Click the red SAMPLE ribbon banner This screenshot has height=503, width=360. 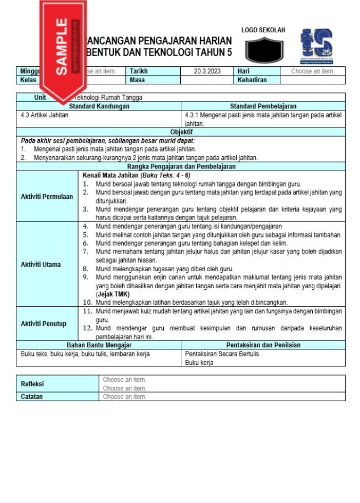tap(62, 46)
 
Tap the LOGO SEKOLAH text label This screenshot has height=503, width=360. tap(263, 30)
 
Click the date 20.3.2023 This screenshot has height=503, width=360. tap(207, 71)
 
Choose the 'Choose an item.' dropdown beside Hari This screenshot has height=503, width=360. tap(312, 71)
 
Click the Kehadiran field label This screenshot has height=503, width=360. tap(252, 80)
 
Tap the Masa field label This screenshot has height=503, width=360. tap(137, 80)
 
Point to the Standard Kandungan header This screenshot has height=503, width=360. tap(99, 106)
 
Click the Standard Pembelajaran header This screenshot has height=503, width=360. tap(263, 106)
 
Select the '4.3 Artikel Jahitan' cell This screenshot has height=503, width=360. tap(45, 115)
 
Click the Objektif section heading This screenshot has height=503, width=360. tap(181, 132)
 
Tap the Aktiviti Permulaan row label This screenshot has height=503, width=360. tap(47, 197)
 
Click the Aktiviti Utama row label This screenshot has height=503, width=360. tap(41, 265)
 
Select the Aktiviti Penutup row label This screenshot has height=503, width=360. tap(44, 324)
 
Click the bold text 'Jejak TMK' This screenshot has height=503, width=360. tap(114, 294)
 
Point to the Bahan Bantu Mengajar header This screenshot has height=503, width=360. tap(99, 345)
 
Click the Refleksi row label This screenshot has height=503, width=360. tap(32, 384)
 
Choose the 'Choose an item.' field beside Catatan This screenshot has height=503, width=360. tap(125, 397)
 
